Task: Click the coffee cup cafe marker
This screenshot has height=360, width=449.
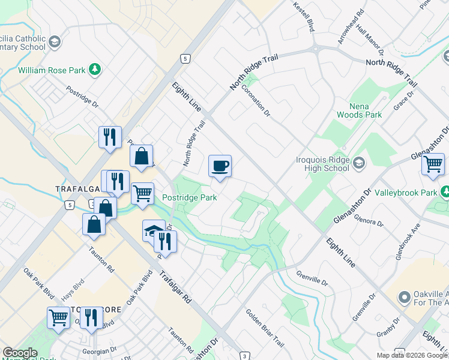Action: (220, 166)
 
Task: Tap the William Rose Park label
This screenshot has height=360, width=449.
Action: (52, 70)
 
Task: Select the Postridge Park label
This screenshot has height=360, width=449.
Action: (189, 197)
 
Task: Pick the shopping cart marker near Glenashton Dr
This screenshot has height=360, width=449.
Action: (432, 164)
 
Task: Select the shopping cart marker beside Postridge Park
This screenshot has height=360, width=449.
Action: (142, 193)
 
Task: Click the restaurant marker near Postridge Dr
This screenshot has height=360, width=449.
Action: (110, 137)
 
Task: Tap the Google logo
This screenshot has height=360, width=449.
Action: (20, 353)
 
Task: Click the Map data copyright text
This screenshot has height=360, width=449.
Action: (412, 355)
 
